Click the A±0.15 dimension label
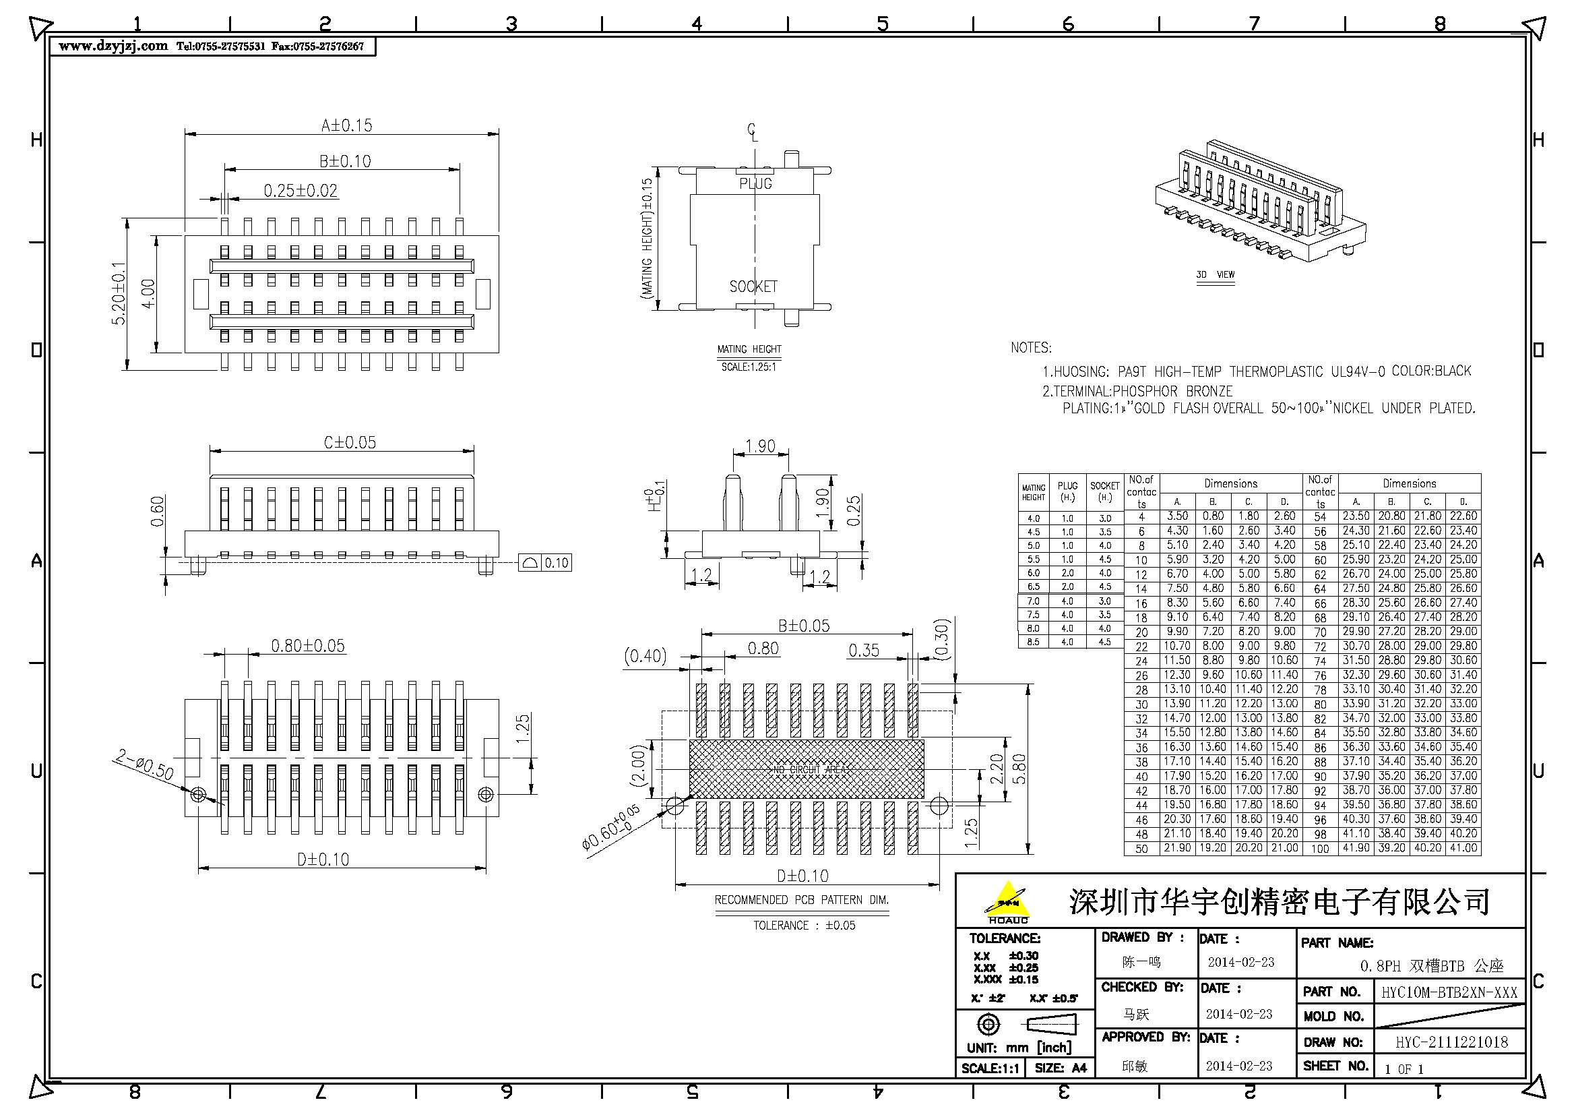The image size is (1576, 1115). (x=346, y=125)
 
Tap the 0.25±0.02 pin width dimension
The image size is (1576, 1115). (x=301, y=191)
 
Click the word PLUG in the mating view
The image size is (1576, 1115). (x=756, y=184)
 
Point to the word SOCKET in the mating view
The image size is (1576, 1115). (x=753, y=287)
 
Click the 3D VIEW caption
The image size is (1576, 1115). (x=1215, y=274)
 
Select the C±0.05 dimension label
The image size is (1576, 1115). (x=350, y=443)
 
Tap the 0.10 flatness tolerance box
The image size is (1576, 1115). (x=556, y=563)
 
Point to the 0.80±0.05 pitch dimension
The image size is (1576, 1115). (x=307, y=646)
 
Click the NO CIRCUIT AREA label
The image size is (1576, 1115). (x=806, y=770)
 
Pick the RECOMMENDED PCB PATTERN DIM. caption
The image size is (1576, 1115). (x=801, y=900)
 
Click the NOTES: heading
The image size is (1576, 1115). (x=1030, y=348)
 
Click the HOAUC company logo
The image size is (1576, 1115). (x=1007, y=902)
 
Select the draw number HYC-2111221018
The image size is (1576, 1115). (x=1451, y=1042)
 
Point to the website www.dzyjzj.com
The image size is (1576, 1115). (x=113, y=47)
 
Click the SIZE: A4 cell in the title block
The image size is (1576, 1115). (x=1060, y=1068)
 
